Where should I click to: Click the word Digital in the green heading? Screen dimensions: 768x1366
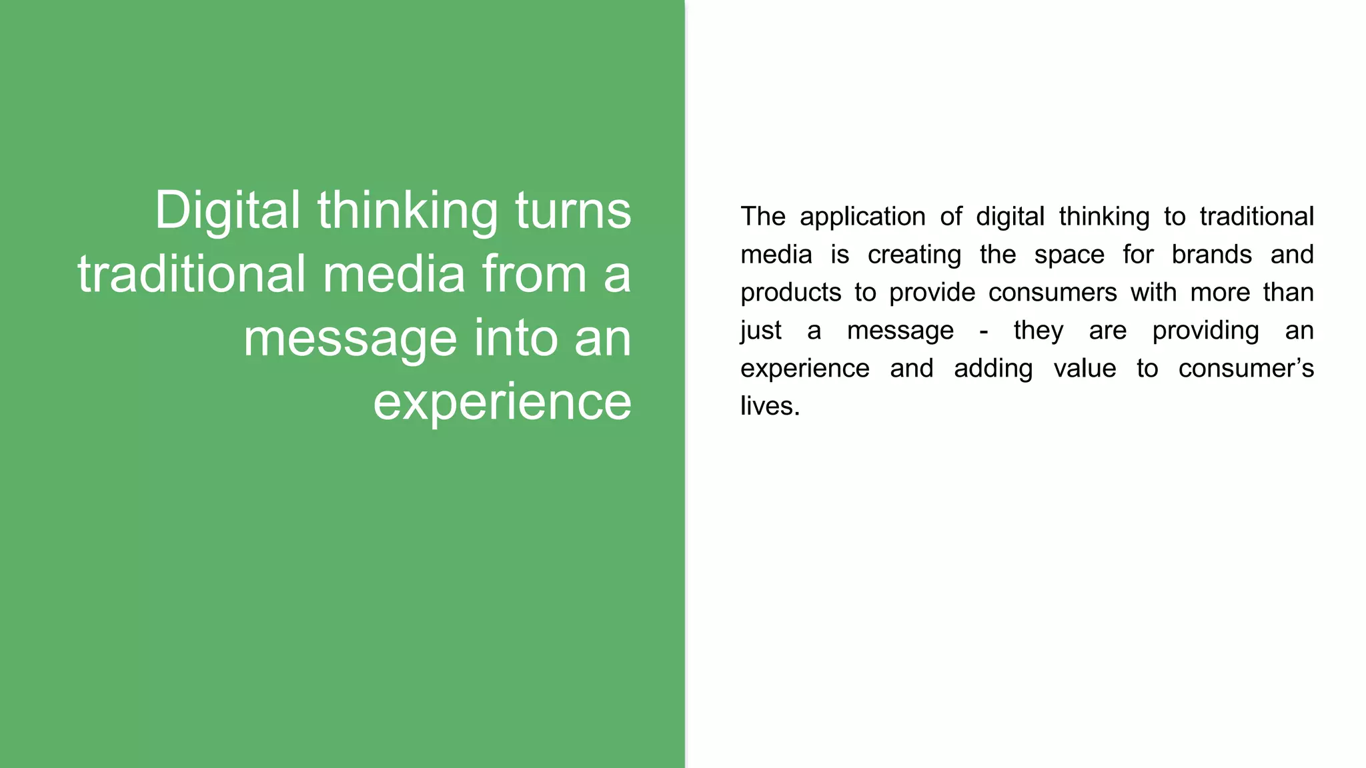[x=227, y=211]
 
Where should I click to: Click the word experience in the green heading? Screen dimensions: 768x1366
[x=502, y=402]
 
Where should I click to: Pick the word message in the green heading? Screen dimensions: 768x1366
[x=350, y=338]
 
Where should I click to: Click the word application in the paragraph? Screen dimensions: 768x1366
[x=862, y=217]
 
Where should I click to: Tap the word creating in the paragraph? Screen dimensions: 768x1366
[x=914, y=255]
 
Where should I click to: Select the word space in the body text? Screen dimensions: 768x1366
[x=1069, y=255]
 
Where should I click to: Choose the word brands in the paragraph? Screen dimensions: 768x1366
[x=1211, y=255]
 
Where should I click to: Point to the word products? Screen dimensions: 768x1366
[x=790, y=293]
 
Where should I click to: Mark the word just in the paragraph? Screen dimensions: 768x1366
[x=760, y=331]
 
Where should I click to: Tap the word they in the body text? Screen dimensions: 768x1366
[x=1038, y=331]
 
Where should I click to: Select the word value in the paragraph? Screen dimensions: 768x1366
[x=1085, y=369]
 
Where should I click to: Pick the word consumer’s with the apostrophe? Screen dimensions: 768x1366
[x=1245, y=369]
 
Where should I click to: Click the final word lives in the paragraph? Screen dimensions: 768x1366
[x=770, y=406]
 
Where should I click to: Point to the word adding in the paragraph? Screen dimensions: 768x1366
[x=992, y=369]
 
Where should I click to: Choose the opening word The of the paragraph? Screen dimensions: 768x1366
[x=763, y=217]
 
